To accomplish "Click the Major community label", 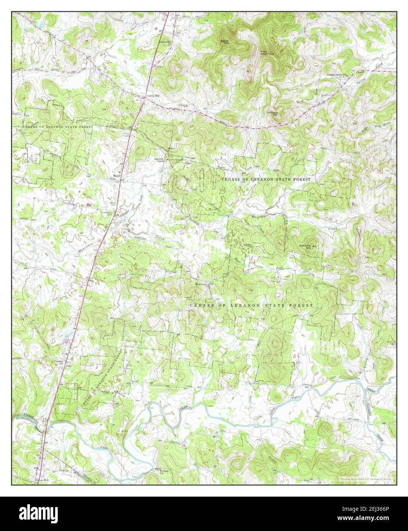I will [x=117, y=176].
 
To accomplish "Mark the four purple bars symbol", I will [x=89, y=205].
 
